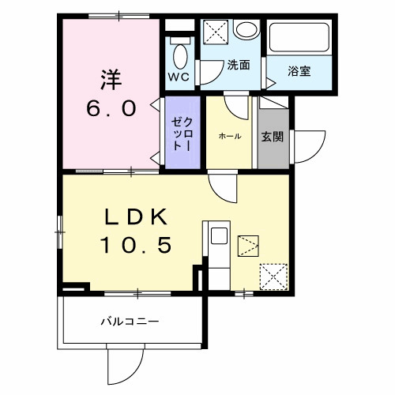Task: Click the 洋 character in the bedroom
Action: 110,79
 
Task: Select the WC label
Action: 178,77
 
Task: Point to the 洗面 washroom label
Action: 239,66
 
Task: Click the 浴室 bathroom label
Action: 299,70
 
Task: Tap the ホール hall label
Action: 230,137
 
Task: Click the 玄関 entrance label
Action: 273,135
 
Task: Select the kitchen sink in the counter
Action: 218,236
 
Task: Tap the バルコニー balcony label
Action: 130,322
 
